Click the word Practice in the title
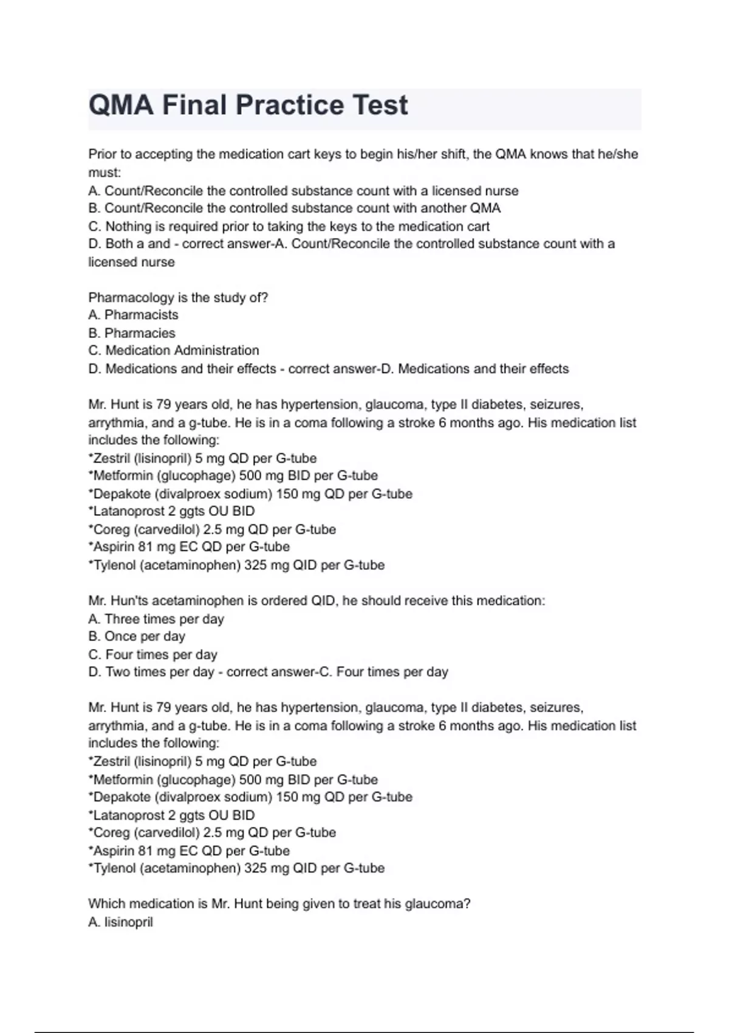click(x=290, y=105)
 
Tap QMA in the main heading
click(x=121, y=105)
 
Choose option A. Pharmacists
click(x=134, y=315)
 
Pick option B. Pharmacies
click(x=132, y=333)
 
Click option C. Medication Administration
click(x=174, y=351)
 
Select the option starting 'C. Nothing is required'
click(x=289, y=227)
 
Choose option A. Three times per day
click(x=156, y=619)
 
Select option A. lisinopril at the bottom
click(x=121, y=922)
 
